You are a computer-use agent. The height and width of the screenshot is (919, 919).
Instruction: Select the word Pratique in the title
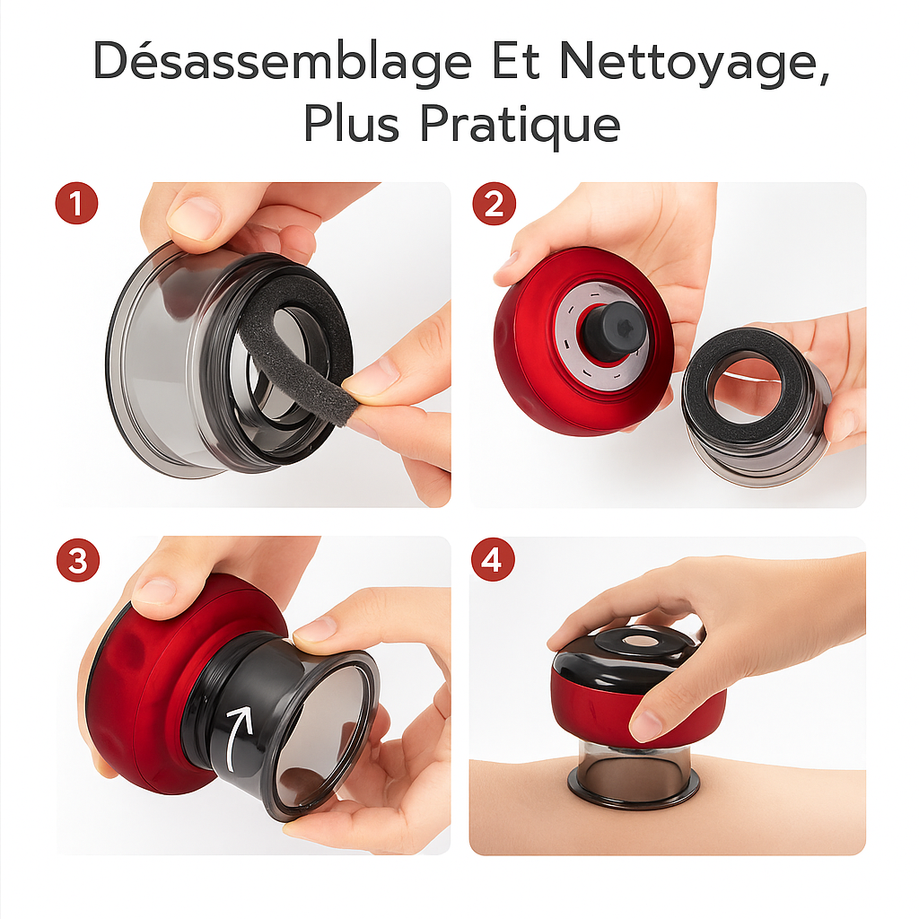click(x=521, y=125)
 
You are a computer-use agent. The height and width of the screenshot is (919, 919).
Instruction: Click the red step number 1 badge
click(x=76, y=204)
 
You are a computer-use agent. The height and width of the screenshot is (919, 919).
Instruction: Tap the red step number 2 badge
click(x=495, y=204)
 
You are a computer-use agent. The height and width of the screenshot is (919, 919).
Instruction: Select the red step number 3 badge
click(x=78, y=560)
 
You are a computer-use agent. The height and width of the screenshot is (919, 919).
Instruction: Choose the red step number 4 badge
click(x=493, y=560)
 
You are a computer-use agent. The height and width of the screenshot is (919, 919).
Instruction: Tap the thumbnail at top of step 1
click(x=195, y=218)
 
